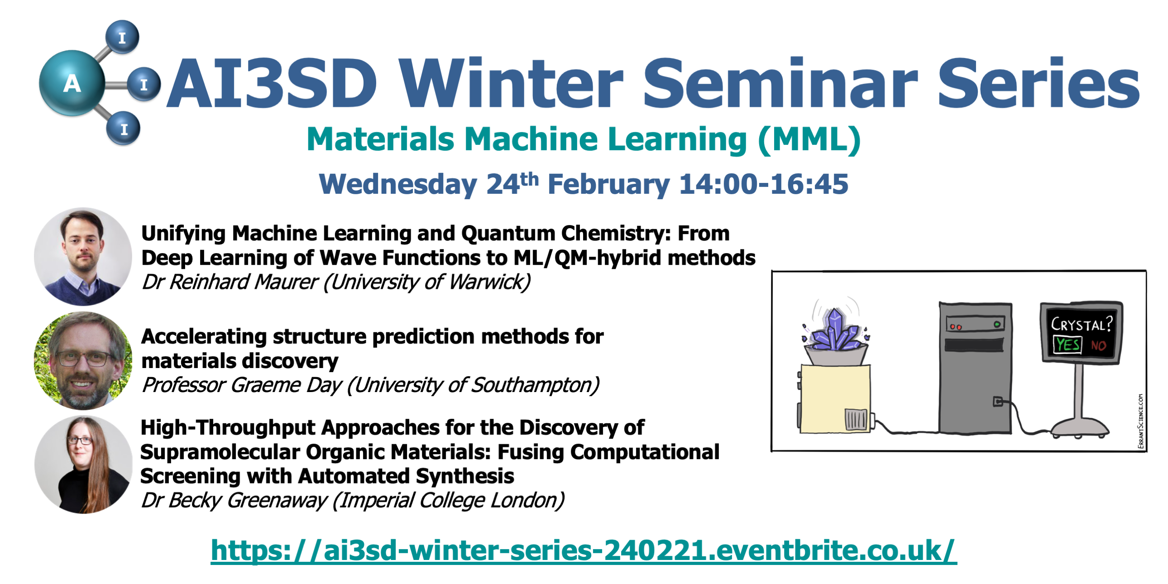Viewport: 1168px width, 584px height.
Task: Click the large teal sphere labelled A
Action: [x=72, y=83]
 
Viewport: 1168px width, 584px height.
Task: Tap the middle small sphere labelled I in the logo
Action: [x=144, y=84]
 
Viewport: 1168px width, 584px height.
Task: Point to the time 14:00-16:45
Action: [x=764, y=184]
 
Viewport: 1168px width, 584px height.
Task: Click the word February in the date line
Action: [x=608, y=185]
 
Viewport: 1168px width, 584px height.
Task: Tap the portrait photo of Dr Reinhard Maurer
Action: [x=83, y=257]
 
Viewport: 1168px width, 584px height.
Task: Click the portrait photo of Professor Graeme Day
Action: [x=83, y=361]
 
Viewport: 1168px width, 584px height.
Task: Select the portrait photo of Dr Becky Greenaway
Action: [x=83, y=465]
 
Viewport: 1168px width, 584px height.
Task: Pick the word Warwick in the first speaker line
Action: [x=490, y=282]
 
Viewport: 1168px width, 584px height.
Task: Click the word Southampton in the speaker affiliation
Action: [x=536, y=385]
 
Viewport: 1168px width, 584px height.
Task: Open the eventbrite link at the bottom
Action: [x=584, y=550]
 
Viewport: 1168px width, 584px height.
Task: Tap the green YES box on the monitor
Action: [x=1067, y=345]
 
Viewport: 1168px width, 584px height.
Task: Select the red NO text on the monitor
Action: [x=1099, y=345]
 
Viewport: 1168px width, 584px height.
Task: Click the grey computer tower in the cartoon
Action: [x=975, y=368]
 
